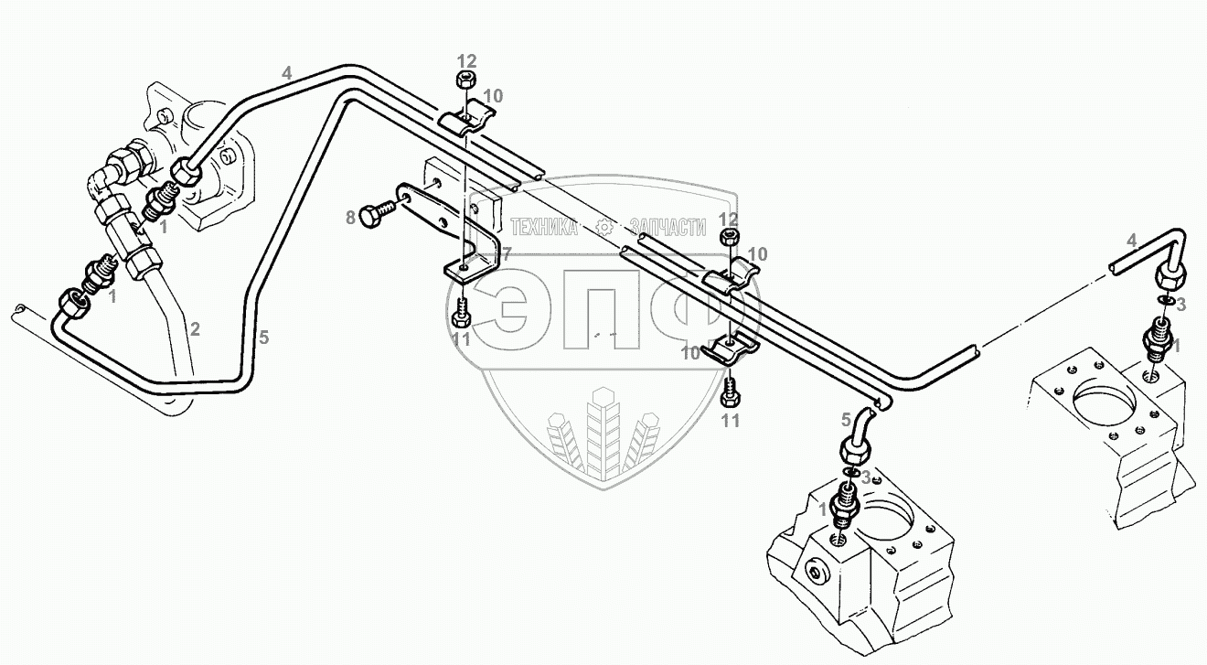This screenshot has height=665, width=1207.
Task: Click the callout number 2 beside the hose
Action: click(194, 327)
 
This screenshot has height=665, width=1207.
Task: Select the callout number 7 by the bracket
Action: click(505, 252)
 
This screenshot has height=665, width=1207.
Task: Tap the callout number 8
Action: click(350, 218)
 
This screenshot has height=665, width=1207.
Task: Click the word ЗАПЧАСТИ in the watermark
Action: click(668, 227)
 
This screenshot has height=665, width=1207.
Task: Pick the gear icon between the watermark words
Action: click(603, 227)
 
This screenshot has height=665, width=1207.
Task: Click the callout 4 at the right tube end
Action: click(1131, 241)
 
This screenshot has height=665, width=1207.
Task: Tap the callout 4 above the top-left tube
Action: click(287, 72)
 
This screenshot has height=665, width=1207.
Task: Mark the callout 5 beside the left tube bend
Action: click(263, 338)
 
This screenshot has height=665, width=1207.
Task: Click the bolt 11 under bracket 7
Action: click(461, 316)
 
